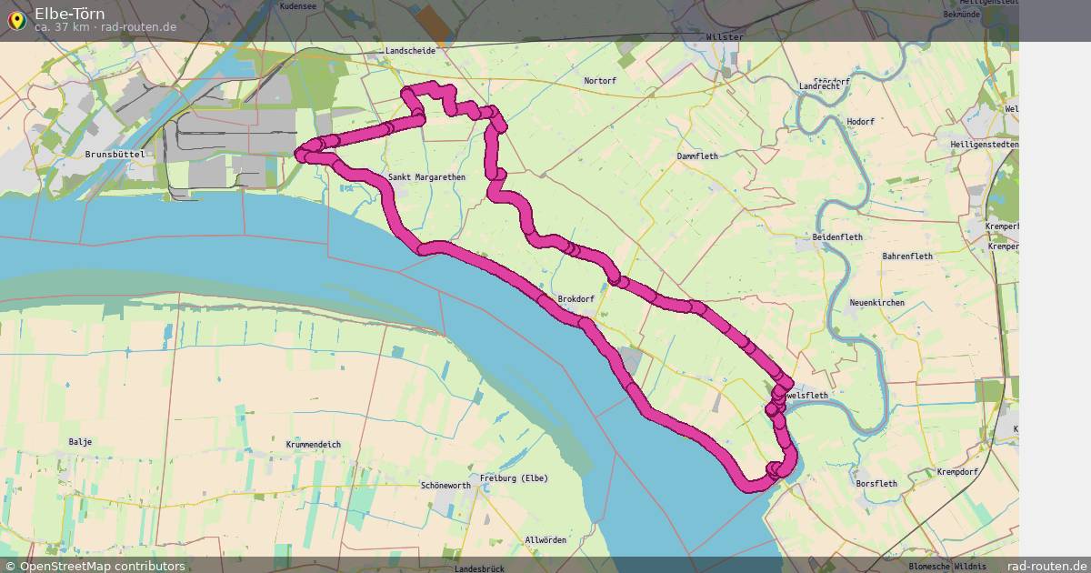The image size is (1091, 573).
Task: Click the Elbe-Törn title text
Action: pos(69,14)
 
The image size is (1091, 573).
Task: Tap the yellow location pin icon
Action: pos(15,19)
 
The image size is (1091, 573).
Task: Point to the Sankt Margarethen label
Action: pos(426,177)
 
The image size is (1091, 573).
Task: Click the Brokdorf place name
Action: pos(576,298)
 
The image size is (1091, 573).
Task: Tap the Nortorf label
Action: pos(600,81)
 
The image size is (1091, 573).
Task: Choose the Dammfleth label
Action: pos(697,156)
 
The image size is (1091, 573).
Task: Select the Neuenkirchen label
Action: pos(876,302)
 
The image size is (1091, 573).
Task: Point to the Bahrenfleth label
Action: pos(907,256)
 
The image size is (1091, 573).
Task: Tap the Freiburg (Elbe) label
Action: pos(515,478)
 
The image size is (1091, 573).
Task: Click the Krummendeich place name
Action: pos(313,445)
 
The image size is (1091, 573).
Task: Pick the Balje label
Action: pos(80,442)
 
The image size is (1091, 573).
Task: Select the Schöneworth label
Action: pos(445,486)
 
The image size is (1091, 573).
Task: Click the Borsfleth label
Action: pos(876,484)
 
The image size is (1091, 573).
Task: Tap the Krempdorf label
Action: pos(957,473)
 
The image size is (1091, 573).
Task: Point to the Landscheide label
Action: pos(410,51)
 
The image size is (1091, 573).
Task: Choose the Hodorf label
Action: pos(859,122)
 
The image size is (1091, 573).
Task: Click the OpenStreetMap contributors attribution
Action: pos(95,566)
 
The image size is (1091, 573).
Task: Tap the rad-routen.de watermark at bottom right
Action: pos(1046,566)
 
